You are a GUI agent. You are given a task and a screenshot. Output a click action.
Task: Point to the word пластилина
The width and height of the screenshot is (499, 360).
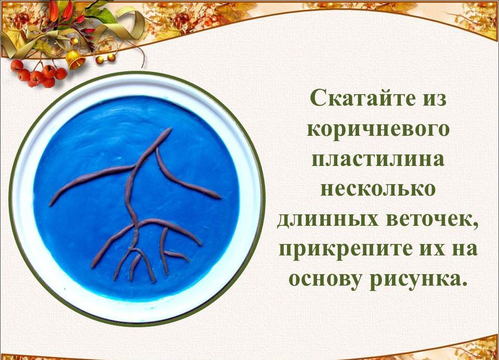[x=378, y=159]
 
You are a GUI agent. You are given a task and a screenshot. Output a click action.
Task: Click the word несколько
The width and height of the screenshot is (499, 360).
[x=377, y=189]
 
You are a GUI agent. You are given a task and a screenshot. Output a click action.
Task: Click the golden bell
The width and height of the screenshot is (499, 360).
[x=75, y=59]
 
